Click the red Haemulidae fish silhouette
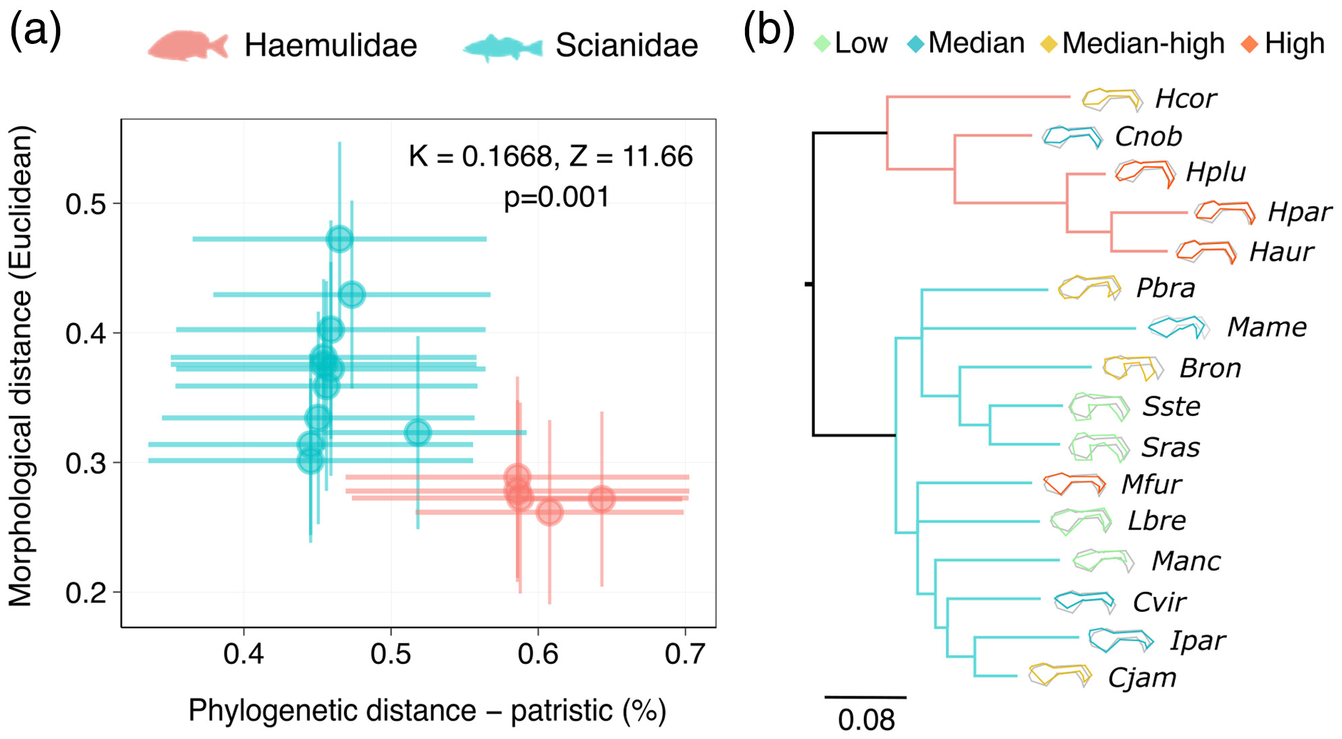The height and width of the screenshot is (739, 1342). (187, 45)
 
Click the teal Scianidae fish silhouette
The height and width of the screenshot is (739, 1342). (502, 47)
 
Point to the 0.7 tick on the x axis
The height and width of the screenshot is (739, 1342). (685, 653)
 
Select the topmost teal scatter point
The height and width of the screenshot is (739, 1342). (339, 239)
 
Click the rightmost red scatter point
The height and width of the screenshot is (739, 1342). (601, 499)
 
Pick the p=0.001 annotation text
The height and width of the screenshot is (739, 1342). (556, 197)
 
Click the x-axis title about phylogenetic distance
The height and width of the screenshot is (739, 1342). (427, 711)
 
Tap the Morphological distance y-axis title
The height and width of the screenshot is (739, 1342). (20, 365)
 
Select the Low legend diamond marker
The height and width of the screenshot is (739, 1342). (821, 44)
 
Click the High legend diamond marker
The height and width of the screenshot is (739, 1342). (1249, 45)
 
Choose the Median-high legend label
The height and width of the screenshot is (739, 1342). (1143, 43)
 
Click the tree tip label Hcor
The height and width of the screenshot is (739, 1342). (1185, 99)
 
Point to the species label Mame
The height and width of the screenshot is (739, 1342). (1266, 327)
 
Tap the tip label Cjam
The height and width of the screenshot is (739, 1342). (1142, 677)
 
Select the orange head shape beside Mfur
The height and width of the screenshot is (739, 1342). (1074, 483)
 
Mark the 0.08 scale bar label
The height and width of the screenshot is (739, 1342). (866, 720)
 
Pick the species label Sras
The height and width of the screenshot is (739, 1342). (1170, 448)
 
